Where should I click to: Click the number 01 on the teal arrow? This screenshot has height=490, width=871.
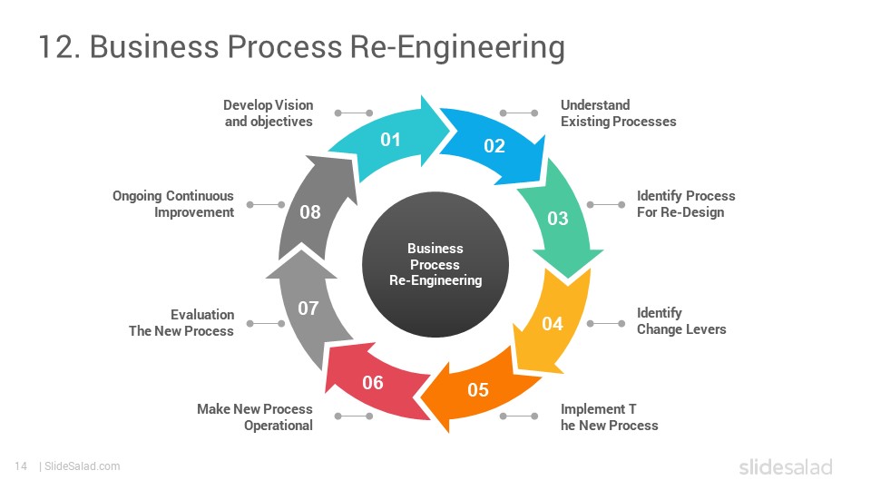tap(390, 140)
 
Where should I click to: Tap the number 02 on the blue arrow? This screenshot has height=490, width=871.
tap(494, 146)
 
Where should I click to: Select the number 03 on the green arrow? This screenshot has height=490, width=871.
tap(558, 219)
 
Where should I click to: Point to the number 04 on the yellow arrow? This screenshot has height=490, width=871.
tap(553, 324)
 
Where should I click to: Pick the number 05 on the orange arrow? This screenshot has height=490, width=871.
tap(478, 390)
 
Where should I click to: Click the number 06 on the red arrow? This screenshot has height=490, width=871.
tap(373, 383)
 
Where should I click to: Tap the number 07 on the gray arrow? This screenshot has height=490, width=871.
tap(308, 309)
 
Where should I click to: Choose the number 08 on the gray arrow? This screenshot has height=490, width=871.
tap(310, 212)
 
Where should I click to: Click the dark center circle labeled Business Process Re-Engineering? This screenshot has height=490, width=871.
tap(435, 264)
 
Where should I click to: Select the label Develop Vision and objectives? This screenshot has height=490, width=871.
tap(269, 113)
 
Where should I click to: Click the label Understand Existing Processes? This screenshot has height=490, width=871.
tap(618, 113)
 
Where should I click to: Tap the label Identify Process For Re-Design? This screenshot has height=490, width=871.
tap(686, 204)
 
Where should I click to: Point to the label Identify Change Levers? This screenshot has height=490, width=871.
tap(681, 321)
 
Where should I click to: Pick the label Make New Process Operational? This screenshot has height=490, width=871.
tap(255, 417)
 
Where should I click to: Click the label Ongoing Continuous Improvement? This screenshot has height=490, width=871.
tap(173, 204)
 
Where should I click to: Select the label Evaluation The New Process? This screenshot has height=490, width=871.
tap(181, 323)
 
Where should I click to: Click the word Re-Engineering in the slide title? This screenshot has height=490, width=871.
tap(457, 46)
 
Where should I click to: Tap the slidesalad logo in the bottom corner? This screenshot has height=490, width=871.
tap(786, 466)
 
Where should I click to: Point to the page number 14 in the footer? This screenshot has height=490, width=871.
tap(21, 466)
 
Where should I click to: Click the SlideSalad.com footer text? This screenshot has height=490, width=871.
tap(83, 466)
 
